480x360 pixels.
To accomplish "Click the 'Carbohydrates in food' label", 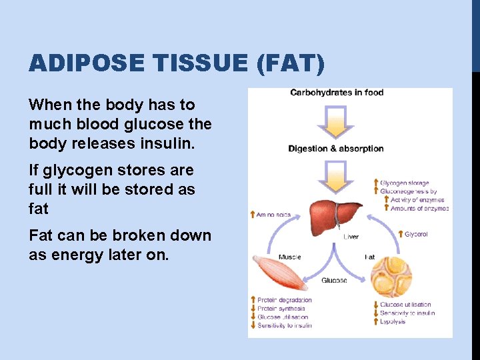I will [x=337, y=93].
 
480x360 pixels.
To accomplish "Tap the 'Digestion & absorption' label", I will [x=336, y=149].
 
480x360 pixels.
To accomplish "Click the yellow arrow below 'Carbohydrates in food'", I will [x=336, y=119].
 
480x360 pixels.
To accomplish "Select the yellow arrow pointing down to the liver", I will [x=336, y=175].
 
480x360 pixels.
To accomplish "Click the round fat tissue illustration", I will [x=391, y=276].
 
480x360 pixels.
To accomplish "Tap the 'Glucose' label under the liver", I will [x=334, y=281].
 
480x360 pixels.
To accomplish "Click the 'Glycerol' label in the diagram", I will [x=416, y=235].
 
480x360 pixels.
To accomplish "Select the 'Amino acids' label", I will [x=273, y=215].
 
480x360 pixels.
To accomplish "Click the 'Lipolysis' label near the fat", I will [x=393, y=322].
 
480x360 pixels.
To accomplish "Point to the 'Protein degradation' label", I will [x=285, y=300].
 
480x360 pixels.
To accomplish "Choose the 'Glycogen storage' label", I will [x=405, y=183].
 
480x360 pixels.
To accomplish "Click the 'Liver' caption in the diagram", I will [x=351, y=237].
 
